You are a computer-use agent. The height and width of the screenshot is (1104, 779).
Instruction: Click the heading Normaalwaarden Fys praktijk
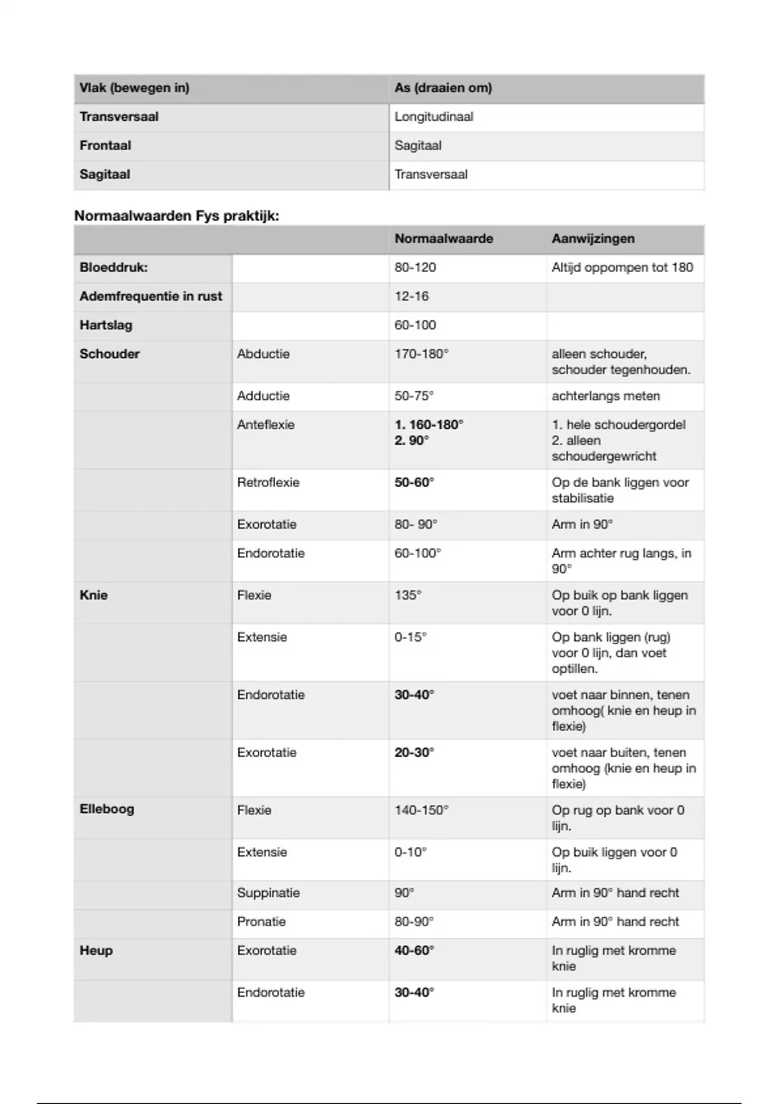coord(177,216)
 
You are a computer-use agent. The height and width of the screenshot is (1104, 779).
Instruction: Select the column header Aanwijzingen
coord(593,238)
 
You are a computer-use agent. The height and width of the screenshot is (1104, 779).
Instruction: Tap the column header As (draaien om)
coord(443,88)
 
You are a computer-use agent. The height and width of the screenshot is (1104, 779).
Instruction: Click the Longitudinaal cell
coord(434,117)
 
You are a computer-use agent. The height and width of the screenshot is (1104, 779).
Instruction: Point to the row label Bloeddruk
coord(114,268)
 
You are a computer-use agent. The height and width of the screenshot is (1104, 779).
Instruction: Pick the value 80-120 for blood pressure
coord(415,268)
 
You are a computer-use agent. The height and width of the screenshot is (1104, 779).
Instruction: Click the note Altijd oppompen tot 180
coord(622,268)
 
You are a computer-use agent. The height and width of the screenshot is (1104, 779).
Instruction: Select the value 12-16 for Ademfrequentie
coord(412,296)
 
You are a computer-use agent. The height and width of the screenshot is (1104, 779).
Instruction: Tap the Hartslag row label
coord(106,325)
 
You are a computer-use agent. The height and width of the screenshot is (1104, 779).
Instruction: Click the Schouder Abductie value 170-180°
coord(421,354)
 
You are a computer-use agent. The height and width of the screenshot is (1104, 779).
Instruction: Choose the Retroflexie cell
coord(268,483)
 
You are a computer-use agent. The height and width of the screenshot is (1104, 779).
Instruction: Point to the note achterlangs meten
coord(606,395)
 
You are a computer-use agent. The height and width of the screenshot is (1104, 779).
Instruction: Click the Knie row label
coord(93,595)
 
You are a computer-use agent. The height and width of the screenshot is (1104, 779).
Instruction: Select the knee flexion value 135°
coord(408,595)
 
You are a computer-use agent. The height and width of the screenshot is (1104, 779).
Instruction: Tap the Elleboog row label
coord(106,809)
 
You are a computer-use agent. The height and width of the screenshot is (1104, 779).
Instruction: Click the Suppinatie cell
coord(268,893)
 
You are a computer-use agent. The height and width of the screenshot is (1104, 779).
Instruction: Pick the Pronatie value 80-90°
coord(414,922)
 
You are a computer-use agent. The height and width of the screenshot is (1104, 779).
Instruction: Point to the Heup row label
coord(96,950)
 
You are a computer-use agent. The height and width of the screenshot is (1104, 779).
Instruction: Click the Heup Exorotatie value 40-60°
coord(414,950)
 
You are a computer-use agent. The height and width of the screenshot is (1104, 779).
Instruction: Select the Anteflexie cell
coord(266,425)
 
